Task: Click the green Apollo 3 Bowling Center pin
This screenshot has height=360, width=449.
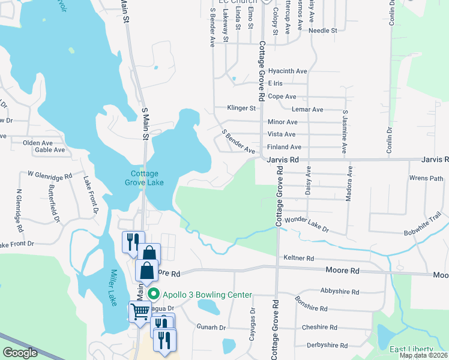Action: click(154, 294)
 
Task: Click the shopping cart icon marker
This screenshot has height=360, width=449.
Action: click(140, 311)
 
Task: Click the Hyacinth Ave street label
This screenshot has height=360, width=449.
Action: click(288, 70)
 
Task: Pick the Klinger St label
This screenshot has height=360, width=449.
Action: click(242, 109)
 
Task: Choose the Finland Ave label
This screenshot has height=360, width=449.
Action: click(284, 147)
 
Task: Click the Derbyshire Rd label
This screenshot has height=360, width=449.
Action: click(327, 346)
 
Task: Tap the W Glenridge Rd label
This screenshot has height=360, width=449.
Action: click(50, 175)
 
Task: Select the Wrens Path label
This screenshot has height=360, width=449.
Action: click(426, 178)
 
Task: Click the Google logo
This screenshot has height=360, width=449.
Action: click(20, 353)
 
